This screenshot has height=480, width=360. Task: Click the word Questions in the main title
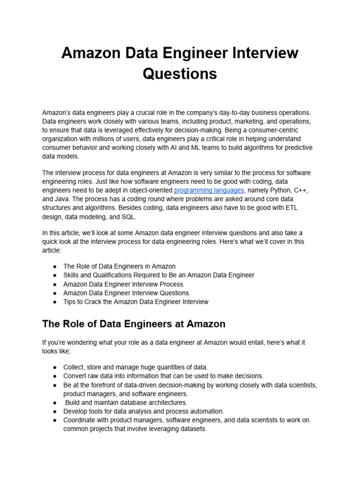click(180, 74)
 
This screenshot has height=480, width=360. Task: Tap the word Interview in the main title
click(266, 52)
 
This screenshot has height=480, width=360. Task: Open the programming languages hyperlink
click(209, 190)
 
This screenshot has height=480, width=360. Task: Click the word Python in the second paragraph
click(268, 190)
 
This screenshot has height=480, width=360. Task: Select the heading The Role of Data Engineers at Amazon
click(134, 324)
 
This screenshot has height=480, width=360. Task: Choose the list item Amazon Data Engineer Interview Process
click(123, 284)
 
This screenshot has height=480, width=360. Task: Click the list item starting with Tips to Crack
click(136, 302)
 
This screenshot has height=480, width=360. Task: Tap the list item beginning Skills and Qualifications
click(159, 275)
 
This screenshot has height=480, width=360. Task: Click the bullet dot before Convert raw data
click(55, 376)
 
